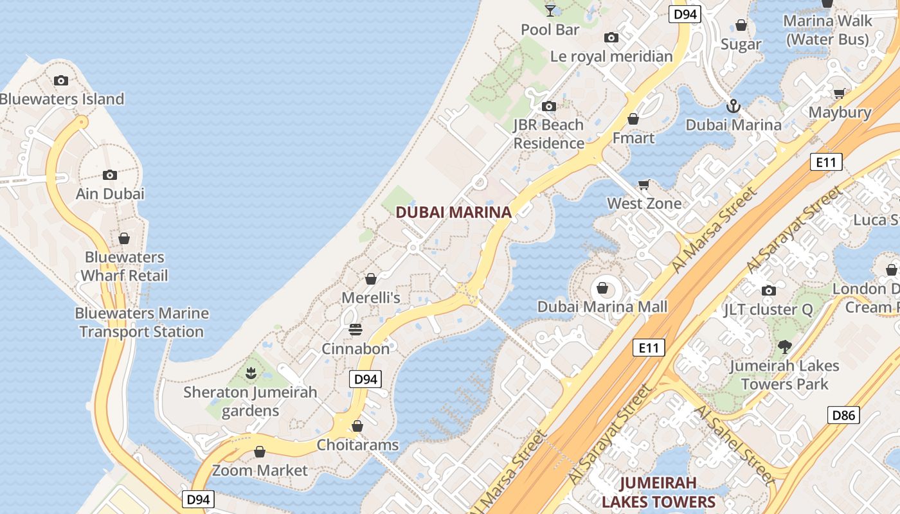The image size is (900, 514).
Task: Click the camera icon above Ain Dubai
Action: coord(110,175)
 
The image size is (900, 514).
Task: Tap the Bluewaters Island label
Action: coord(62,99)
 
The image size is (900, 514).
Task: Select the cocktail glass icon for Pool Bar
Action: coord(550,10)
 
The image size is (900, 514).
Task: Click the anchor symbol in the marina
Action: coord(733,106)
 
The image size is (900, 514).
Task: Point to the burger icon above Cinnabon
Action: coord(355,330)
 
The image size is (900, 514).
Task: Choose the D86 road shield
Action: coord(843,415)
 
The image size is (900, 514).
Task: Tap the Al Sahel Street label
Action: coord(735,443)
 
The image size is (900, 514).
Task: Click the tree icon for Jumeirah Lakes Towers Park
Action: coord(784,347)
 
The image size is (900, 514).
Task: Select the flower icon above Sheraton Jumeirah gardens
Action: coord(251,373)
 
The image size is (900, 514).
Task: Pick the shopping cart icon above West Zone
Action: coord(644,185)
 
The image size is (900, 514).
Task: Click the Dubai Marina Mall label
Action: coord(602,306)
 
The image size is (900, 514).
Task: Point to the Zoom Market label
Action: coord(260,470)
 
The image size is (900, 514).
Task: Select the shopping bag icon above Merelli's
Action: coord(370,279)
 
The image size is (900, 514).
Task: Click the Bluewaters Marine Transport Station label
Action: coord(141,323)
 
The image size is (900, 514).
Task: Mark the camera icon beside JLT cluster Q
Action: coord(768,290)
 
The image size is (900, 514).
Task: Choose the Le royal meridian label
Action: coord(611,57)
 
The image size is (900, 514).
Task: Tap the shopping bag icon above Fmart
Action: coord(633,119)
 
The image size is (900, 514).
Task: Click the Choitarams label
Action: coord(357,445)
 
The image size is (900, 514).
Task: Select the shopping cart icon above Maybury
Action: coord(839,94)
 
